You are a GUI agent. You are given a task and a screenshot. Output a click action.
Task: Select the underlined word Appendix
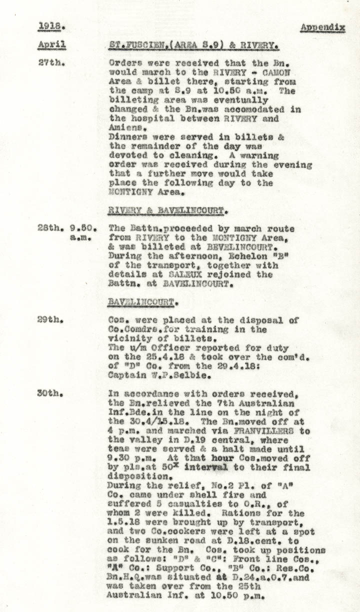tap(322, 27)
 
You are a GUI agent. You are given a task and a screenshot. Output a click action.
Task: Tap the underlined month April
tap(51, 45)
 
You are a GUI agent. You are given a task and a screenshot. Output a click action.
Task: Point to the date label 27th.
tap(49, 63)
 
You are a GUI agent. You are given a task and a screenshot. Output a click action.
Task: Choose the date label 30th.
tap(49, 393)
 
